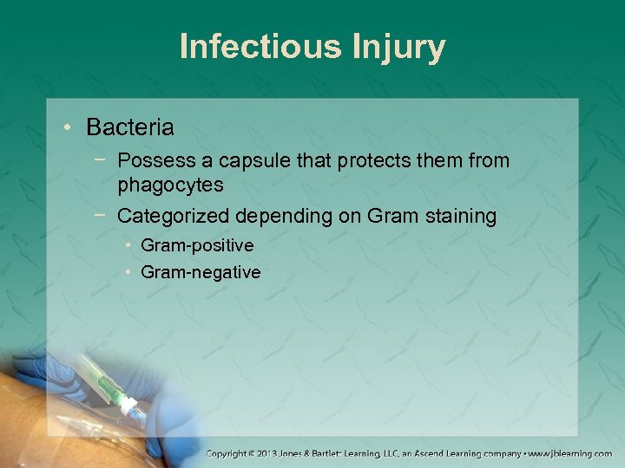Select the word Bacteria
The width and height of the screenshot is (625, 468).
130,127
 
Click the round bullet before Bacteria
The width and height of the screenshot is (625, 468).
67,128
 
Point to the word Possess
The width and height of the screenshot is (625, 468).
152,160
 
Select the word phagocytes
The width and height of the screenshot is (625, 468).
171,185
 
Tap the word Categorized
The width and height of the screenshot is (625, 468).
171,216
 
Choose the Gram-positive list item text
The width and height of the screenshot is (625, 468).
197,246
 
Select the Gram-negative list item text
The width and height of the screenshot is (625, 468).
201,272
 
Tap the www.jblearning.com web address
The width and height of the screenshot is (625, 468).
570,453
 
